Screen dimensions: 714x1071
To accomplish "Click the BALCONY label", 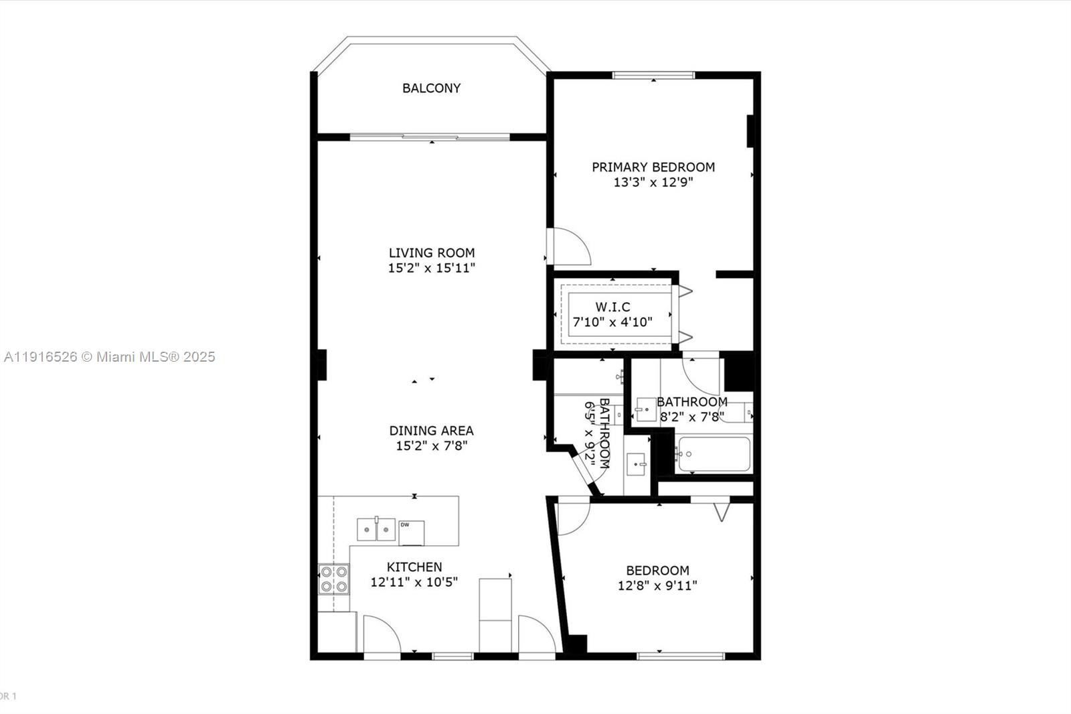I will click(x=431, y=88).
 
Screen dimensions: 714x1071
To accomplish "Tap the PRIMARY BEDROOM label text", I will click(x=653, y=167).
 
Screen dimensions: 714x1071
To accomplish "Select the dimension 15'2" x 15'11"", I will click(x=431, y=268).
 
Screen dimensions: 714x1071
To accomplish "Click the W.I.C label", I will click(x=612, y=307).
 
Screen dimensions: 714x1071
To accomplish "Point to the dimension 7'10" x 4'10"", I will click(x=612, y=322).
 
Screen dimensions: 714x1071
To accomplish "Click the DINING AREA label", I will click(x=431, y=431).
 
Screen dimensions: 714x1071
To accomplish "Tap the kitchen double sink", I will click(x=376, y=530).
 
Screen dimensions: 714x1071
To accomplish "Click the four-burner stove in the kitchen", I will click(x=333, y=579).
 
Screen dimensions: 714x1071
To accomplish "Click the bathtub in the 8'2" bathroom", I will click(x=712, y=455).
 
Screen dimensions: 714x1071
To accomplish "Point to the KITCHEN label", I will click(x=414, y=567).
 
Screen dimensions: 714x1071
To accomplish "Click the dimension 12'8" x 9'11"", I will click(x=657, y=585).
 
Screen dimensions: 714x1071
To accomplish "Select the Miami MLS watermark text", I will click(x=109, y=357).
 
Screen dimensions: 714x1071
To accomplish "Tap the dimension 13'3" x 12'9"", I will click(x=653, y=182).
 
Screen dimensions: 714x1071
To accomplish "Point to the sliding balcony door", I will click(x=430, y=137).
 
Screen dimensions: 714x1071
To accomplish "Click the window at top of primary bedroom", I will click(x=653, y=75).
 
